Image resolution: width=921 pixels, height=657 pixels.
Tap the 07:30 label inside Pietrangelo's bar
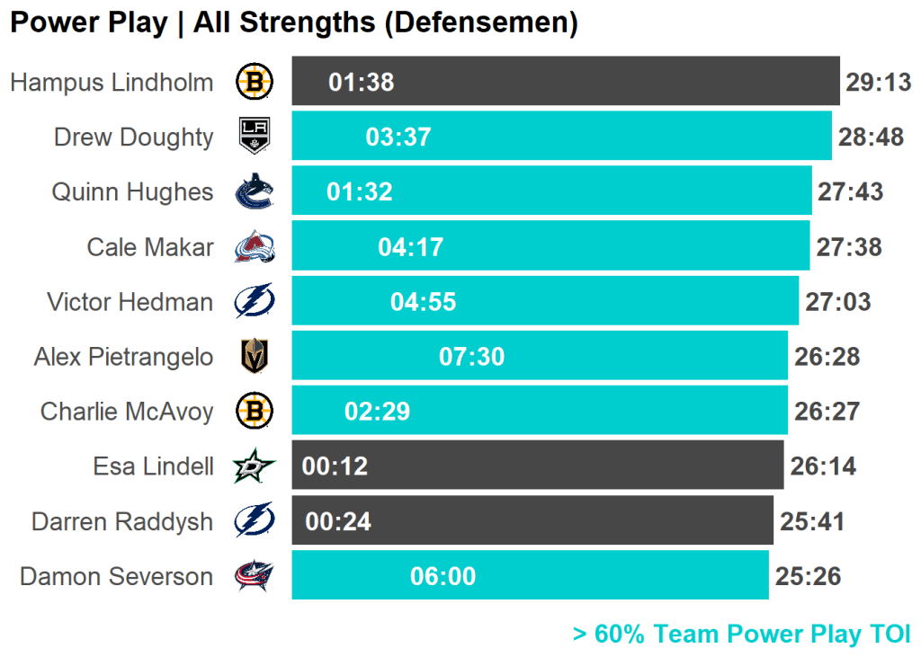point(471,357)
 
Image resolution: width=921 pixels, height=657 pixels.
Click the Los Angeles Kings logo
point(254,137)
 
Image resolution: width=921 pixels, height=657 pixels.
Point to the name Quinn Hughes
point(132,192)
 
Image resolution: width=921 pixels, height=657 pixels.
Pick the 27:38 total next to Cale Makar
point(849,247)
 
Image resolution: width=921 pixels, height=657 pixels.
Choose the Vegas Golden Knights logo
point(255,357)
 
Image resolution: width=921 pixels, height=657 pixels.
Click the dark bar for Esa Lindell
point(537,466)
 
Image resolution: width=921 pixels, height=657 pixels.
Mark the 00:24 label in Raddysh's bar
point(338,521)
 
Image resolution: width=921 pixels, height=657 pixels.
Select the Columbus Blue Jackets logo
point(255,576)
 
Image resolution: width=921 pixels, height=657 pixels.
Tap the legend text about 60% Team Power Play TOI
point(741,635)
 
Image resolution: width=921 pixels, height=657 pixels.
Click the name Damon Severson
point(117,576)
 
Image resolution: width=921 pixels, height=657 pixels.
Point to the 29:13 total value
point(878,83)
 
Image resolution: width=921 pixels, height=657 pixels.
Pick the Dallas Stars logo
point(255,466)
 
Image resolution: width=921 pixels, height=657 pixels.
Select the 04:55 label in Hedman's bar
point(423,302)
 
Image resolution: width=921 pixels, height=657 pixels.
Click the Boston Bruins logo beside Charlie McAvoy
point(255,412)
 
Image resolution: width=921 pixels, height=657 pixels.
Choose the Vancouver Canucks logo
point(255,192)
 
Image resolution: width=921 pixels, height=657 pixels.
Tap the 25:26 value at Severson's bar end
point(808,577)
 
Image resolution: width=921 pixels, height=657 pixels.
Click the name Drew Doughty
point(134,138)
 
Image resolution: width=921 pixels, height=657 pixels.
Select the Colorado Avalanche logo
point(255,247)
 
